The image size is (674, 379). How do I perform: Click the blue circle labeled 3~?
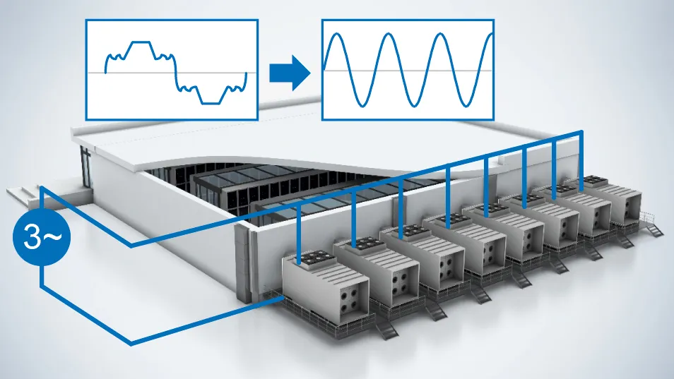40,237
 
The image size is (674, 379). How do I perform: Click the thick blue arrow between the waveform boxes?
290,73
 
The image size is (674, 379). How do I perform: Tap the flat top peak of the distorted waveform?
141,42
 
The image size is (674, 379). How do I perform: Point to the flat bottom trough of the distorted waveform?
211,104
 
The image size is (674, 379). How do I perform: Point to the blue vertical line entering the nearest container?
298,233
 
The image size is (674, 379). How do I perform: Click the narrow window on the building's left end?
86,167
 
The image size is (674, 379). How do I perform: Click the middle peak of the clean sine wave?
389,35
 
